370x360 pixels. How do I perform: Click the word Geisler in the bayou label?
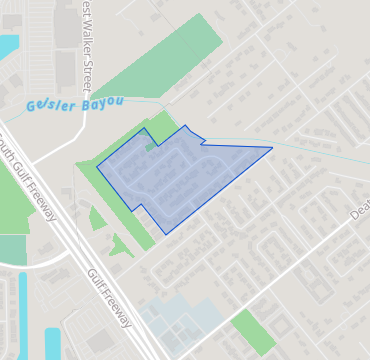click(x=47, y=106)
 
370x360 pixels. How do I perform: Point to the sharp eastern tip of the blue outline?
click(x=271, y=149)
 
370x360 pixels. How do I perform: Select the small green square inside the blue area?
click(x=150, y=147)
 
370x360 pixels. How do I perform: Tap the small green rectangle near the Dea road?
click(x=252, y=331)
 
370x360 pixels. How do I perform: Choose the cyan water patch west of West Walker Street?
click(x=7, y=46)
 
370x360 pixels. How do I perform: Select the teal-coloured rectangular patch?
click(x=13, y=250)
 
